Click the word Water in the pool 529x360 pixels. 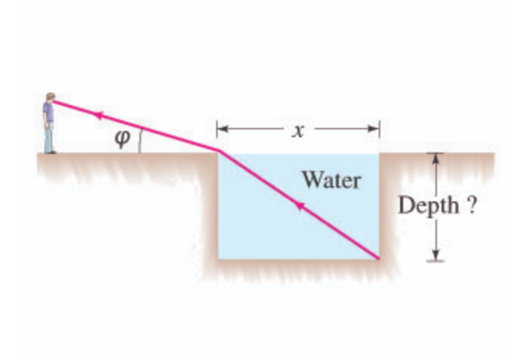(x=330, y=180)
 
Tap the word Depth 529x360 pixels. (x=423, y=206)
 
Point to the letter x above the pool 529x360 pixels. (x=297, y=131)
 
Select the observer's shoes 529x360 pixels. (x=50, y=151)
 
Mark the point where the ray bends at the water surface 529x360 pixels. (x=219, y=151)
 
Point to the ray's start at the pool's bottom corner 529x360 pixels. (x=379, y=258)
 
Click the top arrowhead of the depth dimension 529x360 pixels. (x=435, y=156)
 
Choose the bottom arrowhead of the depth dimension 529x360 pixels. (x=435, y=256)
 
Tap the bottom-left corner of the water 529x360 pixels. (x=219, y=258)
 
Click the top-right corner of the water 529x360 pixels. (x=379, y=154)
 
